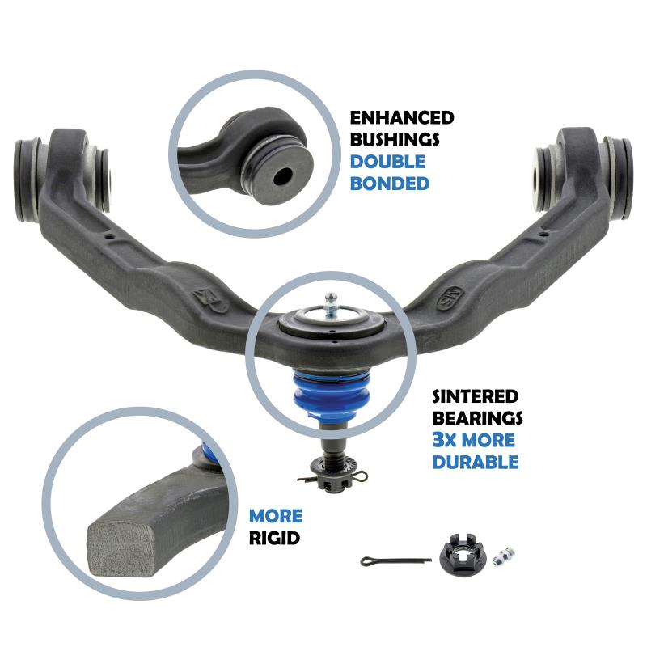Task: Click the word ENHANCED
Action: [x=402, y=118]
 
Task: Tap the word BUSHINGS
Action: [x=395, y=140]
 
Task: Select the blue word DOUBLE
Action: [x=387, y=162]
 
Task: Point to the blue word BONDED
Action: [x=390, y=184]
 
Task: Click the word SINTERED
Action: [x=476, y=396]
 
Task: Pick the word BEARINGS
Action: [x=477, y=418]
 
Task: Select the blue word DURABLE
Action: [x=476, y=462]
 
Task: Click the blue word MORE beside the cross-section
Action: [x=276, y=516]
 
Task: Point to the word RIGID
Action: [x=274, y=538]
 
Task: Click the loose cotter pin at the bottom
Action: [x=395, y=560]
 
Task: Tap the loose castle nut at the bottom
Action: [x=463, y=552]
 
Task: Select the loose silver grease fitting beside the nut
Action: [x=504, y=557]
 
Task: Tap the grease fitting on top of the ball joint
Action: [x=331, y=306]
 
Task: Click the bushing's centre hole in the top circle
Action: [x=282, y=176]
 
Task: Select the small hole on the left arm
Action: [x=110, y=237]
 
